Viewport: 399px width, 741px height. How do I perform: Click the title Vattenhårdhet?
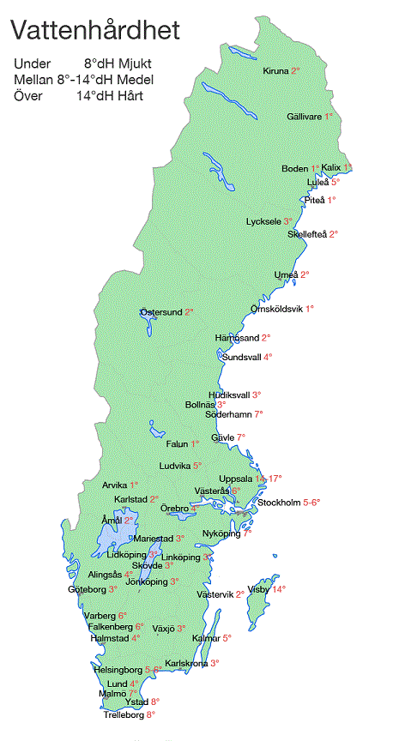coord(95,32)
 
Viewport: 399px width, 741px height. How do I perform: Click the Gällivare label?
coord(305,116)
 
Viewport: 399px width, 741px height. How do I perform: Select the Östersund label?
coord(161,312)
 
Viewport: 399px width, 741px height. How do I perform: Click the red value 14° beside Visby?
coord(279,589)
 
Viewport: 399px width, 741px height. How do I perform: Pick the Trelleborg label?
coord(124,714)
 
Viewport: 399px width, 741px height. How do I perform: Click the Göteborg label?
coord(87,589)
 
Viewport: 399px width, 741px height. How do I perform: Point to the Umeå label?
coord(285,274)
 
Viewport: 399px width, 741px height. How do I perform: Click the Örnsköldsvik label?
coord(277,308)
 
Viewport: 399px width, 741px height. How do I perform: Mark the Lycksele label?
coord(263,221)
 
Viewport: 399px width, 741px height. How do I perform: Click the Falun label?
coord(177,443)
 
